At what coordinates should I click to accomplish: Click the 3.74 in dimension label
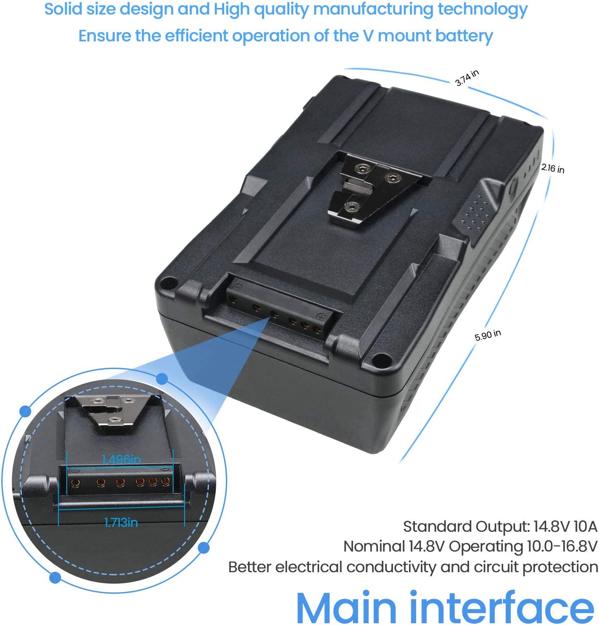(467, 78)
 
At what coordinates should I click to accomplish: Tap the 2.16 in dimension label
(552, 168)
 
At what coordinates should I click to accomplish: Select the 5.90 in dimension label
(488, 335)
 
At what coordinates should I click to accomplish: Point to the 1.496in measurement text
(121, 459)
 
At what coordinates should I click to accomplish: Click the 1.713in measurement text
(121, 523)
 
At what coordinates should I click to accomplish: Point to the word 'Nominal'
(374, 546)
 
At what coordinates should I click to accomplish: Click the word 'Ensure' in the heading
(105, 35)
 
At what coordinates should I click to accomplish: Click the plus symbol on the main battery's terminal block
(319, 317)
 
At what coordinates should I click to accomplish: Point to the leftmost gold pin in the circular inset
(76, 482)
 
